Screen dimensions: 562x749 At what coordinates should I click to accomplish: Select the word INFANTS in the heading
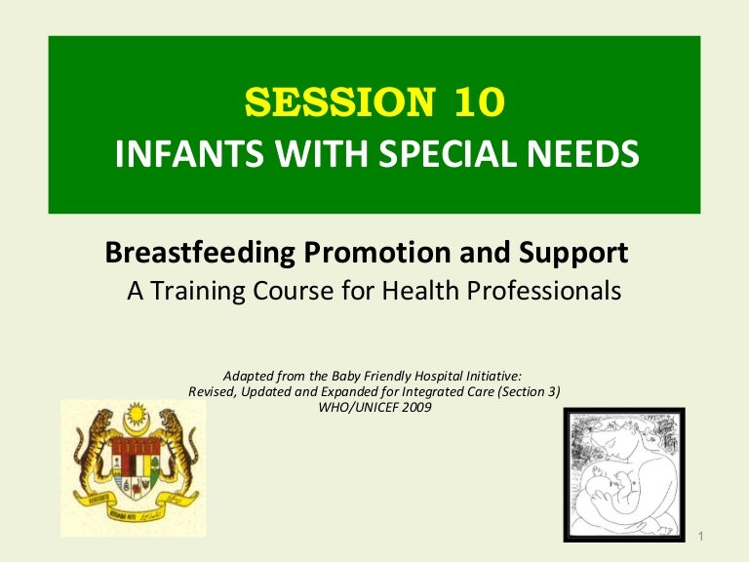171,154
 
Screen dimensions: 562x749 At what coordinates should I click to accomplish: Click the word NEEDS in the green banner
589,154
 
